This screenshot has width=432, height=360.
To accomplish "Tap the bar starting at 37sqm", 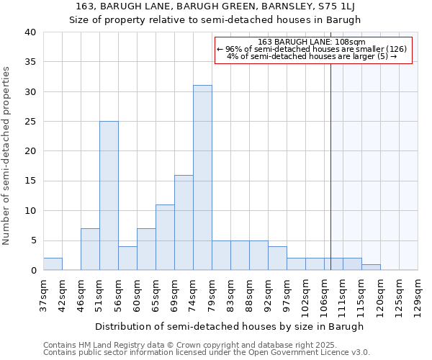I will coord(53,264).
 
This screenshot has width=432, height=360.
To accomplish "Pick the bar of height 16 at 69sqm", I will coord(184,222).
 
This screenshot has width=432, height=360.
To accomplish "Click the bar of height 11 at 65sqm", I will coord(165,238).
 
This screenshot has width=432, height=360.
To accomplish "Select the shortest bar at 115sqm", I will coord(371,267).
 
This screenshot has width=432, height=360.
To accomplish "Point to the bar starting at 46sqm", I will coord(90,249).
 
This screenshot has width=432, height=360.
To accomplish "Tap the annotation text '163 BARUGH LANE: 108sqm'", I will coord(312,42).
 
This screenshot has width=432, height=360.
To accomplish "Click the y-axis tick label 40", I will coord(30,32).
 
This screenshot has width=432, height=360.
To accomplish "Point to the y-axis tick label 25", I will coord(30,122).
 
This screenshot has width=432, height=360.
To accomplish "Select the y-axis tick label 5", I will coord(32,240).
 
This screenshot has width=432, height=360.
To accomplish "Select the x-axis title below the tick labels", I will coord(230,326).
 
